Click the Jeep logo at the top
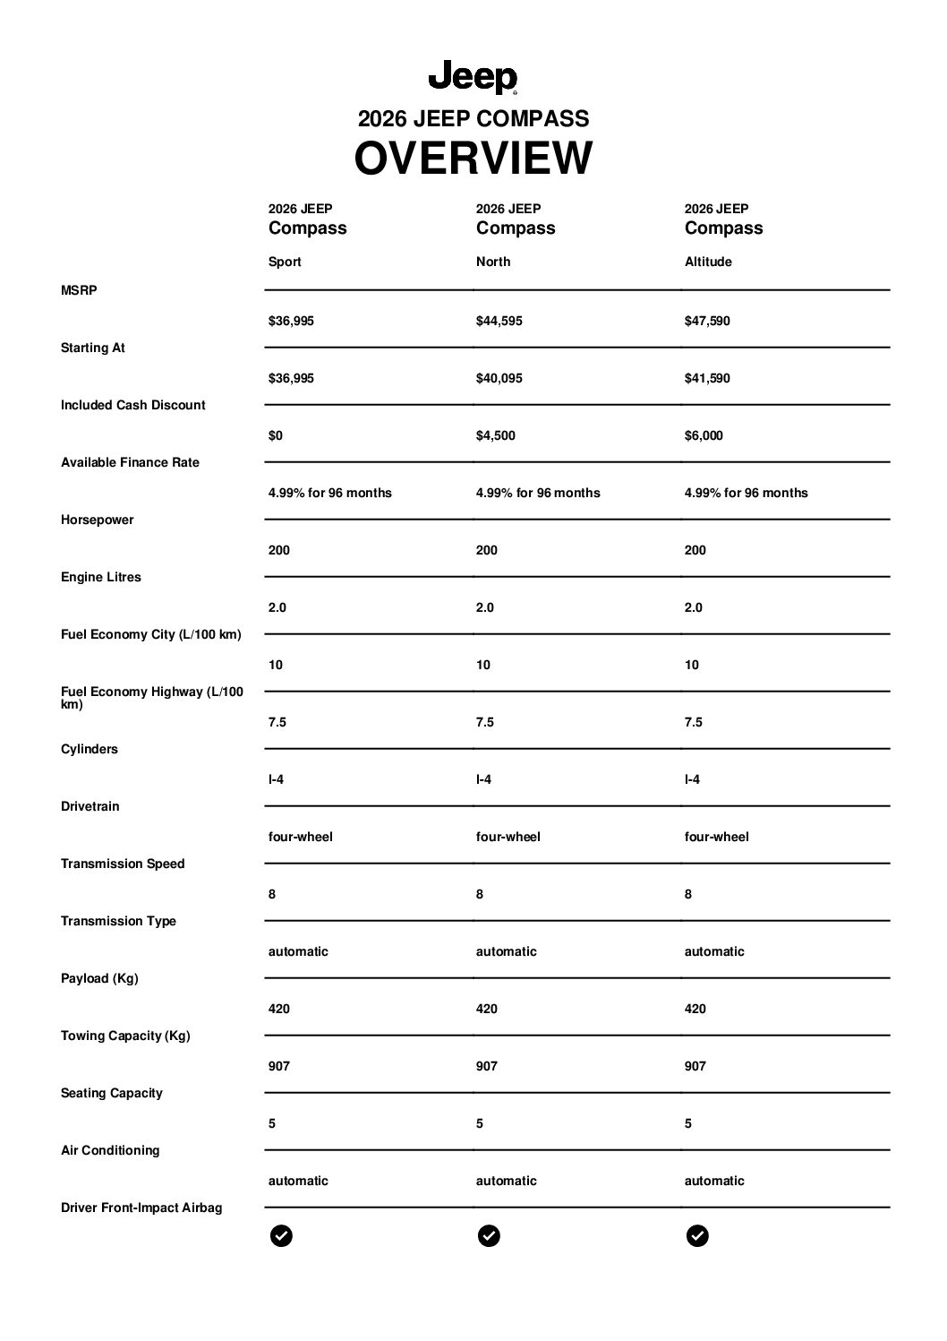pyautogui.click(x=473, y=78)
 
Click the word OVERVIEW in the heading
pyautogui.click(x=473, y=159)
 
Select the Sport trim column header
pyautogui.click(x=285, y=262)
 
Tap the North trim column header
pyautogui.click(x=493, y=262)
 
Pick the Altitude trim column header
pyautogui.click(x=708, y=262)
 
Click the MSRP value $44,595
pyautogui.click(x=499, y=321)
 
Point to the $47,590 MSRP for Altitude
pyautogui.click(x=707, y=321)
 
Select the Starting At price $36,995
pyautogui.click(x=291, y=378)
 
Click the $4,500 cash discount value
pyautogui.click(x=495, y=435)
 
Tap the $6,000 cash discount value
pyautogui.click(x=704, y=435)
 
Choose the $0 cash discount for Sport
pyautogui.click(x=276, y=435)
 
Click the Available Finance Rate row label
pyautogui.click(x=130, y=462)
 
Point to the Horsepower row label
pyautogui.click(x=97, y=520)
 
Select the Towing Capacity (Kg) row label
pyautogui.click(x=125, y=1036)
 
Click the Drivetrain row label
pyautogui.click(x=90, y=806)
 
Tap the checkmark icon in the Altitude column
pyautogui.click(x=697, y=1236)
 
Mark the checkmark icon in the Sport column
pyautogui.click(x=281, y=1236)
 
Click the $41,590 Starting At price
pyautogui.click(x=707, y=378)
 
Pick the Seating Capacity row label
pyautogui.click(x=112, y=1093)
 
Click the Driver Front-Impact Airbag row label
pyautogui.click(x=141, y=1208)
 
